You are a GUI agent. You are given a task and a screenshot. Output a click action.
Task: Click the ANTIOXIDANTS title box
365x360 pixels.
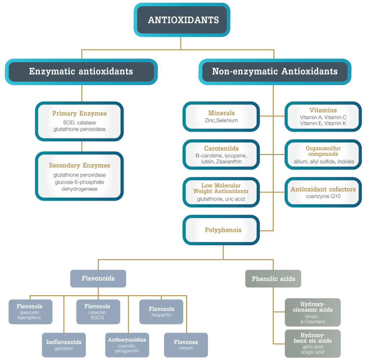pyautogui.click(x=182, y=20)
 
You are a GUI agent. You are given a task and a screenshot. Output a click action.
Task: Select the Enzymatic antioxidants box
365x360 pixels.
pyautogui.click(x=81, y=71)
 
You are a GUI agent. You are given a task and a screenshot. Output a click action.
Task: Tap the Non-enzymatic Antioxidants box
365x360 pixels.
pyautogui.click(x=275, y=71)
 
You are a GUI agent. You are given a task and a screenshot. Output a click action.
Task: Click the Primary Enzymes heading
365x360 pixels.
pyautogui.click(x=79, y=113)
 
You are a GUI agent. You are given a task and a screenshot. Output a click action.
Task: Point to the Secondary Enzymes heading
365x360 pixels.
pyautogui.click(x=79, y=165)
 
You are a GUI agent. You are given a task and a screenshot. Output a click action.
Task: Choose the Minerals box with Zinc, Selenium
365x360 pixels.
pyautogui.click(x=221, y=117)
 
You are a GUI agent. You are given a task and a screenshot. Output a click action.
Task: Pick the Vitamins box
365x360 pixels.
pyautogui.click(x=323, y=117)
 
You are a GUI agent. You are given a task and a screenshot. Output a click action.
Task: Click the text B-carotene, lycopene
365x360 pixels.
pyautogui.click(x=221, y=155)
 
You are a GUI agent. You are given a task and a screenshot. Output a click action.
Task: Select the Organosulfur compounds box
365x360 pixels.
pyautogui.click(x=323, y=154)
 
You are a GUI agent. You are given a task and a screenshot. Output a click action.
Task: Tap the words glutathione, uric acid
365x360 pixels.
pyautogui.click(x=221, y=199)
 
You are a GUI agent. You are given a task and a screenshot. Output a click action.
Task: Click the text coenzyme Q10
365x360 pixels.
pyautogui.click(x=323, y=196)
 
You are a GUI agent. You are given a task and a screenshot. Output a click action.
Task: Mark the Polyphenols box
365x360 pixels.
pyautogui.click(x=221, y=230)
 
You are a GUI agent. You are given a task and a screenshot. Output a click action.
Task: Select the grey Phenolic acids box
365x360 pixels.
pyautogui.click(x=273, y=278)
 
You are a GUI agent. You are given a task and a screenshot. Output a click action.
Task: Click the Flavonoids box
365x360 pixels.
pyautogui.click(x=98, y=278)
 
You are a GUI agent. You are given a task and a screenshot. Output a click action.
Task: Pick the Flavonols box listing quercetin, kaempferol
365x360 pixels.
pyautogui.click(x=31, y=312)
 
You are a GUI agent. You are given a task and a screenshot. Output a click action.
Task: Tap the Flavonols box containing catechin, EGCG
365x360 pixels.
pyautogui.click(x=98, y=312)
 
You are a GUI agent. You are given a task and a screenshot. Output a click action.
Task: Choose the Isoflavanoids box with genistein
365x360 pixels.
pyautogui.click(x=64, y=345)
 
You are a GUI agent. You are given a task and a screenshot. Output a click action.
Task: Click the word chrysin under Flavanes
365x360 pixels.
pyautogui.click(x=186, y=348)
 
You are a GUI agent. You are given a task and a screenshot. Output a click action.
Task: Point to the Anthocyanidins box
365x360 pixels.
pyautogui.click(x=127, y=345)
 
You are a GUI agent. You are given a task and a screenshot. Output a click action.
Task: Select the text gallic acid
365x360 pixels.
pyautogui.click(x=313, y=347)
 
